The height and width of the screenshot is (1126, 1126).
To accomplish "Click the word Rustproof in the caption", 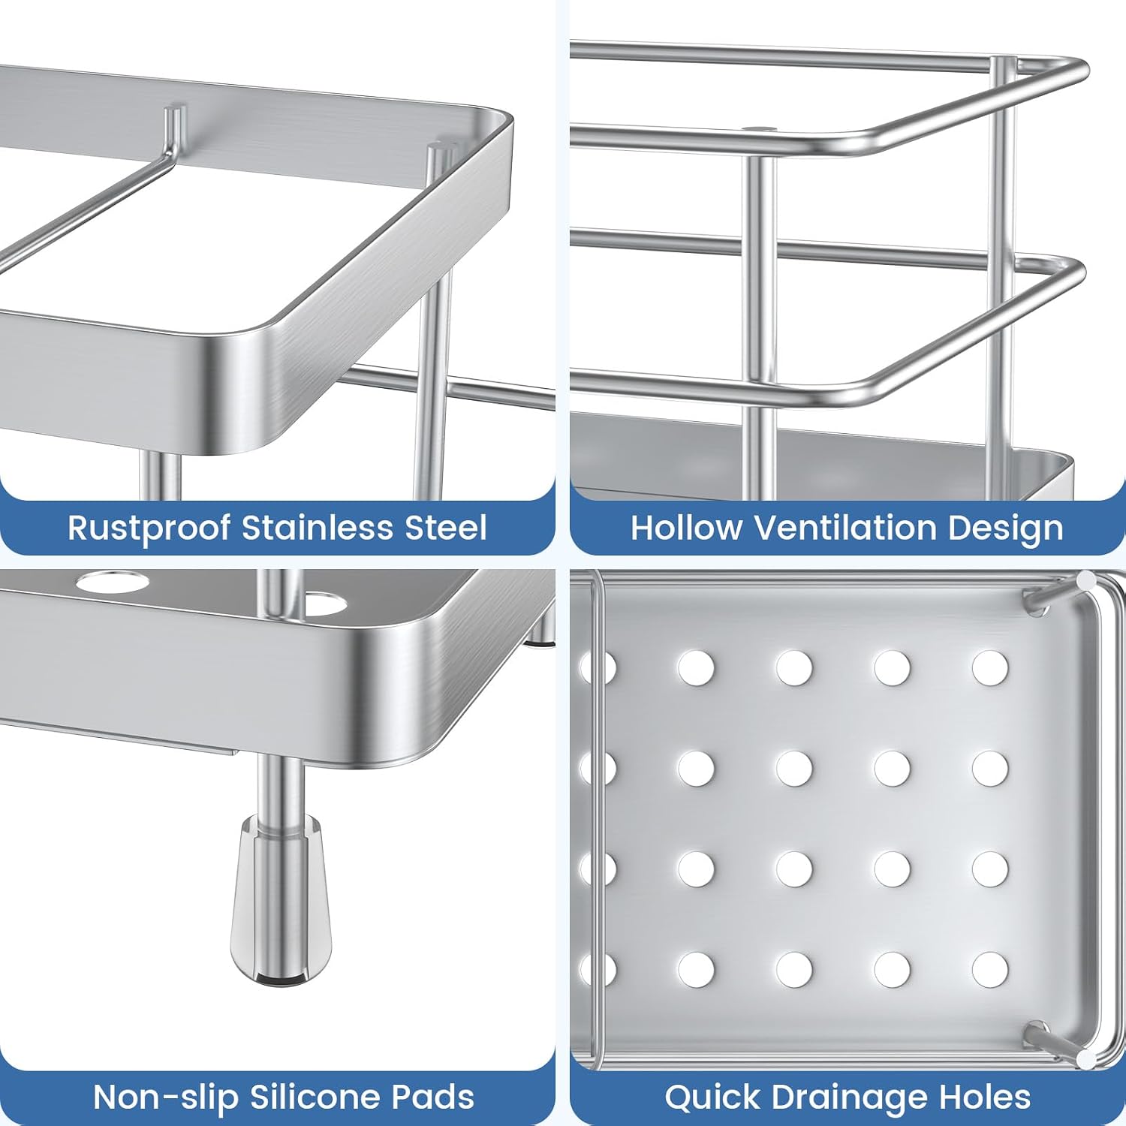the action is click(149, 528).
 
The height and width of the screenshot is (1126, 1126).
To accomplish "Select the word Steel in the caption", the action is click(446, 527).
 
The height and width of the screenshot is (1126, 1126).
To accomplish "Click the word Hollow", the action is click(686, 527).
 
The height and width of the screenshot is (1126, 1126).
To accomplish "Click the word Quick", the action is click(712, 1097).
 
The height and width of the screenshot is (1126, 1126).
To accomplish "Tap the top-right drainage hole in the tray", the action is click(990, 668).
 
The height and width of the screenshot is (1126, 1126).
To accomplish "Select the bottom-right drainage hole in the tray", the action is click(990, 970).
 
